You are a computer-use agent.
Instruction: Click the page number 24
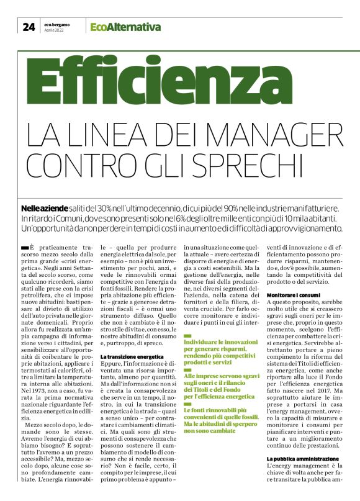click(x=29, y=27)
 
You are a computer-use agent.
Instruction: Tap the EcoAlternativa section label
click(x=125, y=27)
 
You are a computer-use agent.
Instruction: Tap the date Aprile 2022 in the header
click(x=55, y=30)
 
